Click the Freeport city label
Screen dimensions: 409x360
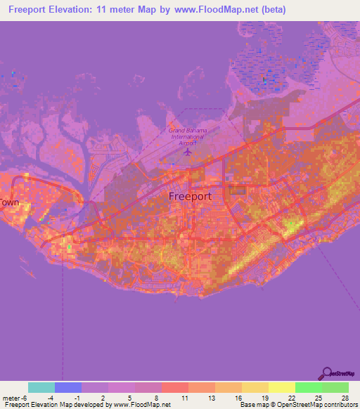[x=190, y=197]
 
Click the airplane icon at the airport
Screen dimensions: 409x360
[x=188, y=150]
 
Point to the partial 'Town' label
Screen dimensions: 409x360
[x=9, y=202]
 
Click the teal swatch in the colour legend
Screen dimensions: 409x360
[x=41, y=387]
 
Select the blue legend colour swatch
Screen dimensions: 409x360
[x=68, y=387]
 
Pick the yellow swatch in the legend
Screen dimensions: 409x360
[x=282, y=387]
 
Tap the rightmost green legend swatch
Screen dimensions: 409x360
[x=335, y=387]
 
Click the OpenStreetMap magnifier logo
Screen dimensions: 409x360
[x=326, y=372]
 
